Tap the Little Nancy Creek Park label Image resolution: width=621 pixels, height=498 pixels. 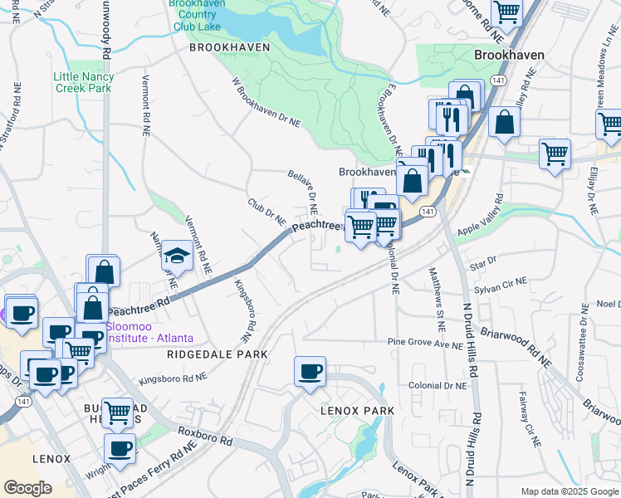click(x=84, y=82)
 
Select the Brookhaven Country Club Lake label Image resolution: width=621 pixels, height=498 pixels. click(x=195, y=16)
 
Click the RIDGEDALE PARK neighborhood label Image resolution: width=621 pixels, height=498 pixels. click(x=218, y=354)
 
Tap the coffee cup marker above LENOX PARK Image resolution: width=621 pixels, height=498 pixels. click(x=310, y=372)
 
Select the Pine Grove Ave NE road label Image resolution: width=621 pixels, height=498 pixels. click(x=424, y=343)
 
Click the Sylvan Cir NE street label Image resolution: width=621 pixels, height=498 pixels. click(x=501, y=287)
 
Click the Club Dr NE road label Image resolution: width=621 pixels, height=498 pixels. click(x=266, y=213)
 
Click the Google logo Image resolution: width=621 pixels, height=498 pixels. click(x=27, y=488)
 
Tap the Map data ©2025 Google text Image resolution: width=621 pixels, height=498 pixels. click(x=569, y=491)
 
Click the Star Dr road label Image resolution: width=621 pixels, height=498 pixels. click(x=482, y=263)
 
